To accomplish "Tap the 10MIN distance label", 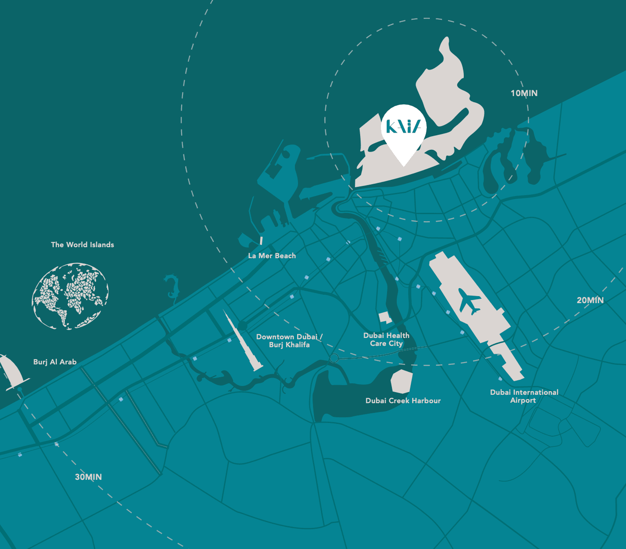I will click(524, 93).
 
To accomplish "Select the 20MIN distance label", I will click(590, 300).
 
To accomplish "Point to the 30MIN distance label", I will click(88, 477).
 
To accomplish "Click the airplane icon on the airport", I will click(469, 301).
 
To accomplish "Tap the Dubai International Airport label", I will click(524, 396).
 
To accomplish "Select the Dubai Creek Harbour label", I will click(403, 401).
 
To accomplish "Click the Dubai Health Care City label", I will click(386, 339).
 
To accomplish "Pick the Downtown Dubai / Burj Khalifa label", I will click(289, 341).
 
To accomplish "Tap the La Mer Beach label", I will click(272, 256).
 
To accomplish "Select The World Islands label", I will click(82, 245).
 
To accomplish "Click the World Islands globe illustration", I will click(70, 296).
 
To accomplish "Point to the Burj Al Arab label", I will click(55, 362).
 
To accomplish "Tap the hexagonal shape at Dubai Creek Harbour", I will click(402, 381).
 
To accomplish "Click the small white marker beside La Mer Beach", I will click(261, 241).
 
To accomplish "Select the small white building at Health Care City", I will click(385, 318).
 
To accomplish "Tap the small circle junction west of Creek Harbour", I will click(334, 358).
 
